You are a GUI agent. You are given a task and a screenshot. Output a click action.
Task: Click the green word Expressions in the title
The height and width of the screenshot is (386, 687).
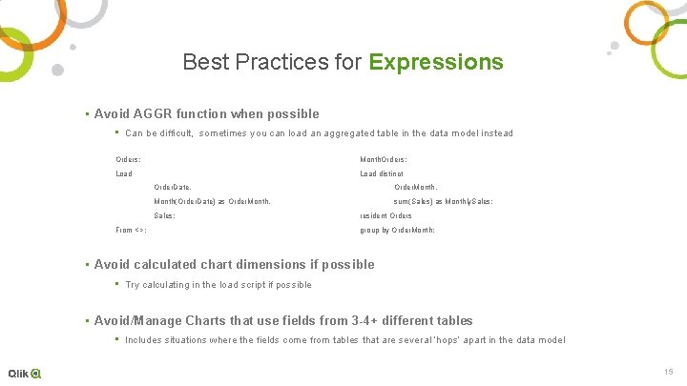436,63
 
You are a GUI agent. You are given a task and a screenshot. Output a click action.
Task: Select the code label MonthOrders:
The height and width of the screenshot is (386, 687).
384,159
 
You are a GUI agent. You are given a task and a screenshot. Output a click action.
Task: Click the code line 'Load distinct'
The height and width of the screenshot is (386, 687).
382,173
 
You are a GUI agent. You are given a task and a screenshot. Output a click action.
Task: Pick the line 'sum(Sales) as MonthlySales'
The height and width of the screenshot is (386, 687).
443,202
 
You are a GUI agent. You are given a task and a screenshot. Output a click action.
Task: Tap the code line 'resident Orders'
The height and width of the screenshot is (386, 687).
385,216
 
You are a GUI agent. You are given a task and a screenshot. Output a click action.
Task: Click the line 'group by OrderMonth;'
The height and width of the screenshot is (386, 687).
397,231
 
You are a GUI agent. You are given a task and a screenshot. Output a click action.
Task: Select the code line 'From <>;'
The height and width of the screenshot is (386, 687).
131,231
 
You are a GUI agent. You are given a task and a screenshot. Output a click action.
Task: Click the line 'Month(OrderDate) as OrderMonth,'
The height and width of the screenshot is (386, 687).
212,202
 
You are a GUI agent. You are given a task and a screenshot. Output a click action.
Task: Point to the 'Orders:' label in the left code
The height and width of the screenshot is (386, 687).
129,159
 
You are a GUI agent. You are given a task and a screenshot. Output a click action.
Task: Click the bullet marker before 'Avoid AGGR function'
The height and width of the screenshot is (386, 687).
87,114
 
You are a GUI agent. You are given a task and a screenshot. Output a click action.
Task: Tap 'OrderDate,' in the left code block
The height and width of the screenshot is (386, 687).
173,188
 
